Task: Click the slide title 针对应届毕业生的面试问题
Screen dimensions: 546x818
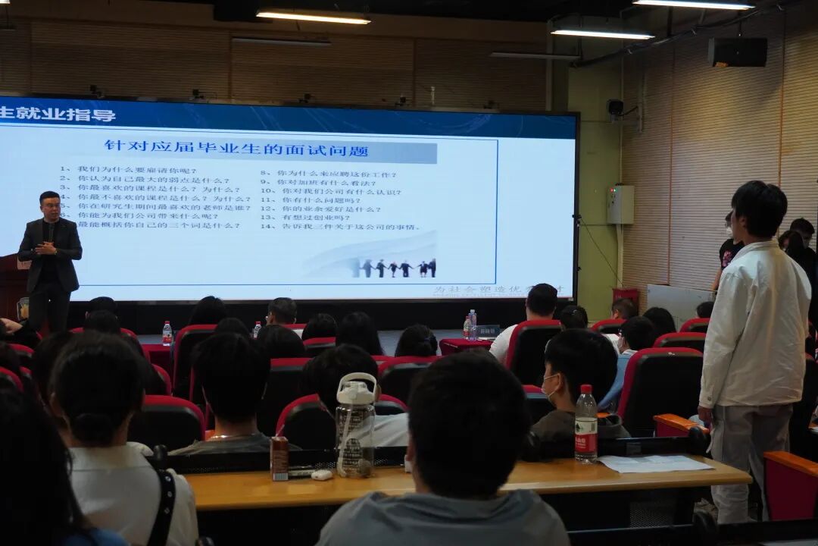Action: point(236,149)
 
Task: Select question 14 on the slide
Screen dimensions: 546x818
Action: point(340,226)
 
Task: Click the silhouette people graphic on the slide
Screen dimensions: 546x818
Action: point(393,268)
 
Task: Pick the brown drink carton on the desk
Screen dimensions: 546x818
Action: point(279,458)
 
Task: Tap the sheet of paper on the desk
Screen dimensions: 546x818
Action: point(655,463)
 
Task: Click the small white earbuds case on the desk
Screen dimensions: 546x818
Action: point(322,475)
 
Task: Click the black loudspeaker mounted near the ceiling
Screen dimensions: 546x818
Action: point(737,52)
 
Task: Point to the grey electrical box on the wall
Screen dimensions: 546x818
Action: point(620,205)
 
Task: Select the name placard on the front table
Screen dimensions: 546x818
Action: point(487,331)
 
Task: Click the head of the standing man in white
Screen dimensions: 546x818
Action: point(759,209)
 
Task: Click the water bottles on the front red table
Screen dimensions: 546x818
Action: point(470,324)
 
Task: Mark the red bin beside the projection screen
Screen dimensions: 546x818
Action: point(626,297)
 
